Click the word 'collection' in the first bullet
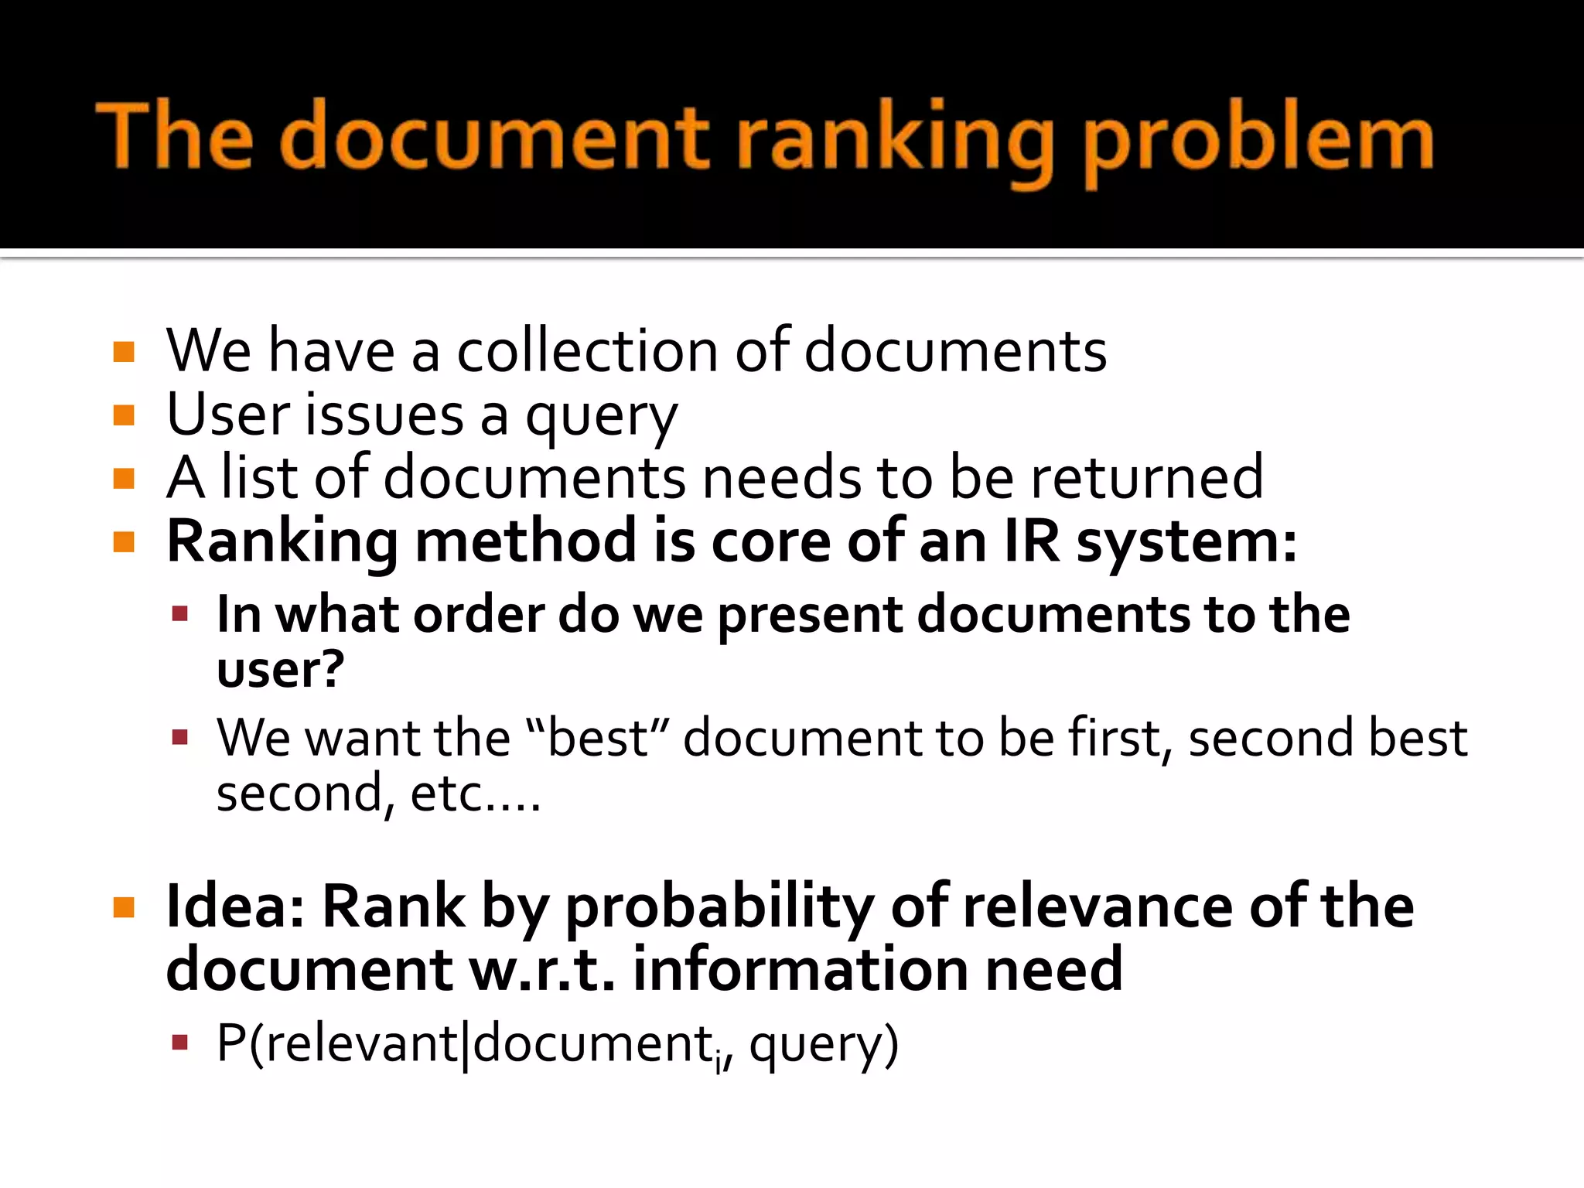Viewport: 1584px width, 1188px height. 587,351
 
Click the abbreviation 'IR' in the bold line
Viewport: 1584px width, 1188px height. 1032,541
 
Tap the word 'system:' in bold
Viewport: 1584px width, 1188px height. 1187,542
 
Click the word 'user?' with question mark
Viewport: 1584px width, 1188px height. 280,669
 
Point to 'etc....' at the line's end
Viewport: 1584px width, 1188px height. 475,794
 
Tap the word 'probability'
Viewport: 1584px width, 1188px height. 719,907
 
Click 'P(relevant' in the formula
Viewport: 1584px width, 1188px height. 337,1043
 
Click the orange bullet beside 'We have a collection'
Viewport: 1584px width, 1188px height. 124,353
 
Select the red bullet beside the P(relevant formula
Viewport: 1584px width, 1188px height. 180,1043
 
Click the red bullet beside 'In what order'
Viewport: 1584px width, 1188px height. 180,615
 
